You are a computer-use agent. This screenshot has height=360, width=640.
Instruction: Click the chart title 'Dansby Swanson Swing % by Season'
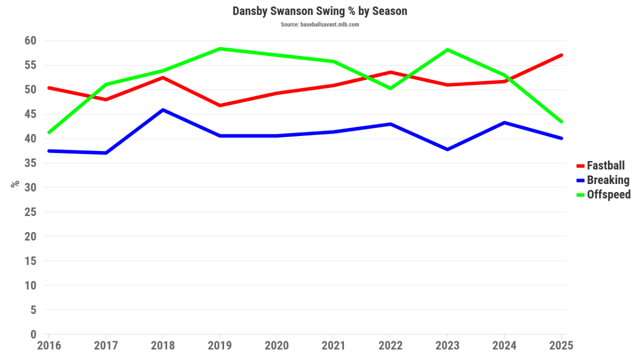(319, 11)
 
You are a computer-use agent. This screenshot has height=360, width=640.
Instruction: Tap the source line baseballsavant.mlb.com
(319, 25)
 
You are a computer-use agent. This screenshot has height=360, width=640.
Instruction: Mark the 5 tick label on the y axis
(33, 310)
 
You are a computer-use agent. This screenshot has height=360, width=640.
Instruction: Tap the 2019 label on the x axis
(220, 346)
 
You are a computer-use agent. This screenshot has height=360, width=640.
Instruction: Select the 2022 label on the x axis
(390, 346)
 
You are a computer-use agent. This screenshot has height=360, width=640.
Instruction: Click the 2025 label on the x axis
(561, 346)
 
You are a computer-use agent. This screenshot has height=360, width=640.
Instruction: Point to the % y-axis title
(15, 183)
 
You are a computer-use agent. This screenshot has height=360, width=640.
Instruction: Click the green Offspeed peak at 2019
(220, 49)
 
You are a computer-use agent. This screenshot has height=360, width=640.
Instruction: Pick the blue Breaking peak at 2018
(163, 110)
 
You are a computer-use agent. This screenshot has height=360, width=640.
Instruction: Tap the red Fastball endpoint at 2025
(561, 55)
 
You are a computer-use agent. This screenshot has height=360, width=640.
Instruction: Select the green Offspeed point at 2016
(49, 132)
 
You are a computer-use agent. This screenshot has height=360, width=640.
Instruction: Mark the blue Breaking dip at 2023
(447, 149)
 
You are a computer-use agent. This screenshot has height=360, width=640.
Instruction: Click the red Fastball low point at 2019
(220, 106)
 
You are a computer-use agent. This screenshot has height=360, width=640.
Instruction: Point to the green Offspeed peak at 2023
(447, 50)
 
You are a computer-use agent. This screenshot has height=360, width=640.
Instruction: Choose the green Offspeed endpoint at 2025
(561, 122)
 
